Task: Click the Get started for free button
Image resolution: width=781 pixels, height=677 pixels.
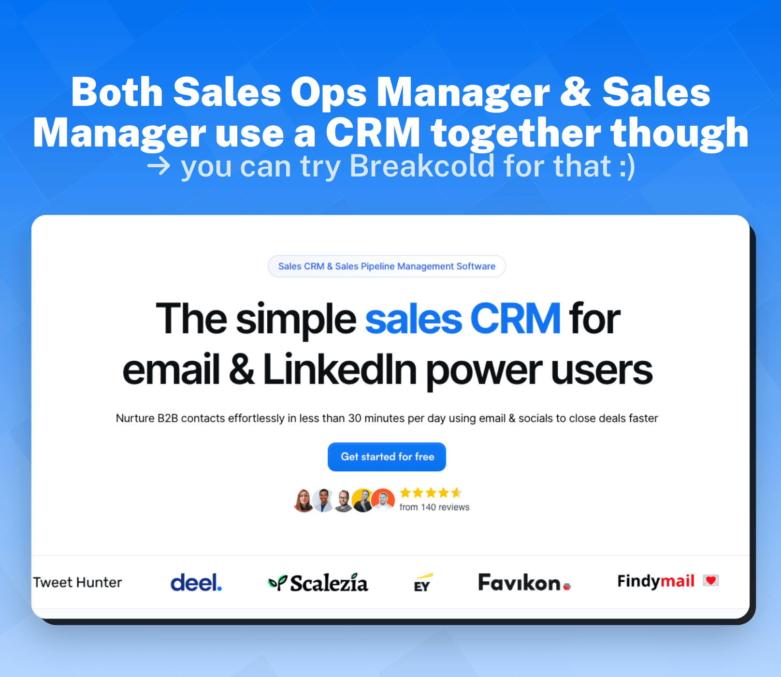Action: click(387, 457)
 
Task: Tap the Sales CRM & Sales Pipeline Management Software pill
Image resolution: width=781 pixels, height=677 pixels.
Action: click(387, 266)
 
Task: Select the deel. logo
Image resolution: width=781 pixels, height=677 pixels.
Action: click(196, 582)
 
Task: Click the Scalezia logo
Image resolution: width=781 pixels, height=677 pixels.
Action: click(318, 583)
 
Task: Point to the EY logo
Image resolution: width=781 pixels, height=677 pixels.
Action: click(423, 583)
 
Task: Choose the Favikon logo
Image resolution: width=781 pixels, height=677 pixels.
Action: click(524, 582)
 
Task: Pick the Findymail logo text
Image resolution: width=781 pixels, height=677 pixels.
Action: click(656, 581)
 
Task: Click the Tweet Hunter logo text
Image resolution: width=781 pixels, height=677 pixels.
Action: click(77, 582)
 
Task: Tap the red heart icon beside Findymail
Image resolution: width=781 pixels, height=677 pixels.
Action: click(711, 580)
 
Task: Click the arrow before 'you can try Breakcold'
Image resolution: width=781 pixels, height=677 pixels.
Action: click(159, 166)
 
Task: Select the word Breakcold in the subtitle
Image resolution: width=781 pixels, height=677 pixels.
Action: click(421, 166)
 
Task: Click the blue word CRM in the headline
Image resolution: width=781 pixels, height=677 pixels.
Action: click(515, 319)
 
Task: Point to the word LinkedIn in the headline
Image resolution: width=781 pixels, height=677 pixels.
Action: click(340, 370)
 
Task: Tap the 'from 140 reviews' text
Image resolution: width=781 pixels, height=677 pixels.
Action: click(434, 507)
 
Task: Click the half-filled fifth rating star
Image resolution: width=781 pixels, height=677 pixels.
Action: click(456, 493)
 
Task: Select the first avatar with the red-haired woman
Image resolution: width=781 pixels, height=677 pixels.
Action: click(304, 500)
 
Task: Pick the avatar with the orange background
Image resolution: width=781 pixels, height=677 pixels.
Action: click(383, 500)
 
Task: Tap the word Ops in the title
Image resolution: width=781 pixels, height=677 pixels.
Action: click(329, 93)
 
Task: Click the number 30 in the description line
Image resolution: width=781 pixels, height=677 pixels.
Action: click(355, 418)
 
